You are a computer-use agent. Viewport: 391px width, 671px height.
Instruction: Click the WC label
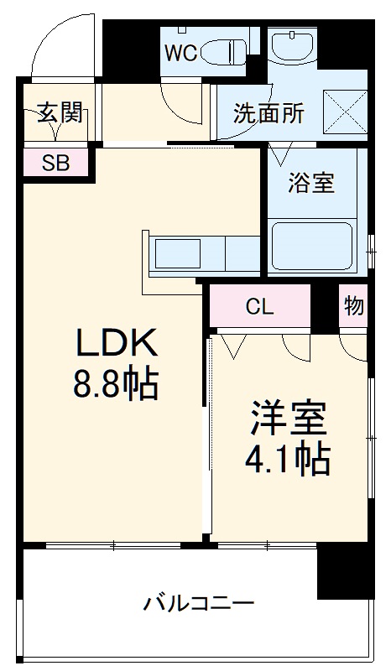point(180,53)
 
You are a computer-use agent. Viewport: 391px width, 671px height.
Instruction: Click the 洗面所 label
point(268,113)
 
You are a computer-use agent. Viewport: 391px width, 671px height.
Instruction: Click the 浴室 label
point(311,183)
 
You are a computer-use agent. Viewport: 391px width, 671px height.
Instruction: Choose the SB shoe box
point(55,163)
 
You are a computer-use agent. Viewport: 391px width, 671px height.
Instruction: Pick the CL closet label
point(259,307)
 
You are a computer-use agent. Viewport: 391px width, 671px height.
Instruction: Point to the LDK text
point(117,344)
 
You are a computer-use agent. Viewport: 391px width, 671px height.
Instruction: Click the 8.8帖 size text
point(117,385)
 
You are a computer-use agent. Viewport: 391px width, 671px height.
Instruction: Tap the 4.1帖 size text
point(287,459)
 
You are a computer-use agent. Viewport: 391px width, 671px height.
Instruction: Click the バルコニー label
point(198,603)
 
